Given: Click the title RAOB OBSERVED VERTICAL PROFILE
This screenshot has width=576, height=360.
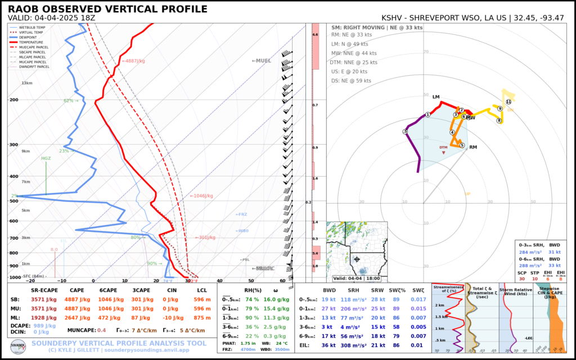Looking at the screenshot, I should pyautogui.click(x=107, y=10).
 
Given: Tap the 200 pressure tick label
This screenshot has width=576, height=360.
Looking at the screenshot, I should pyautogui.click(x=13, y=100).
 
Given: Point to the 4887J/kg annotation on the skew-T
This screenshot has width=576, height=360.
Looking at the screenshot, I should pyautogui.click(x=134, y=61).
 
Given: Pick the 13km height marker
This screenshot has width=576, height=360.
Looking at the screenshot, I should pyautogui.click(x=27, y=83).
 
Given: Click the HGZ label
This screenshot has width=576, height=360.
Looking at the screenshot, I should pyautogui.click(x=46, y=159).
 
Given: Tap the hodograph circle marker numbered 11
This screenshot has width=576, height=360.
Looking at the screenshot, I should pyautogui.click(x=508, y=102).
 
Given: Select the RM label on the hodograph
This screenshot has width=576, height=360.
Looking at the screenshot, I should pyautogui.click(x=473, y=147).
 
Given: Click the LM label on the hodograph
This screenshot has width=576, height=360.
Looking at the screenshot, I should pyautogui.click(x=436, y=97).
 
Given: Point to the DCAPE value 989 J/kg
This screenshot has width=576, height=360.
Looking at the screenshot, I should pyautogui.click(x=45, y=326).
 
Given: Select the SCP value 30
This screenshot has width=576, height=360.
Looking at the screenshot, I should pyautogui.click(x=523, y=279).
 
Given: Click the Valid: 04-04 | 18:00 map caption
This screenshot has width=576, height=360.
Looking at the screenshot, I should pyautogui.click(x=356, y=278).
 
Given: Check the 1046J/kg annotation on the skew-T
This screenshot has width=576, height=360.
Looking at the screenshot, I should pyautogui.click(x=201, y=196).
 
